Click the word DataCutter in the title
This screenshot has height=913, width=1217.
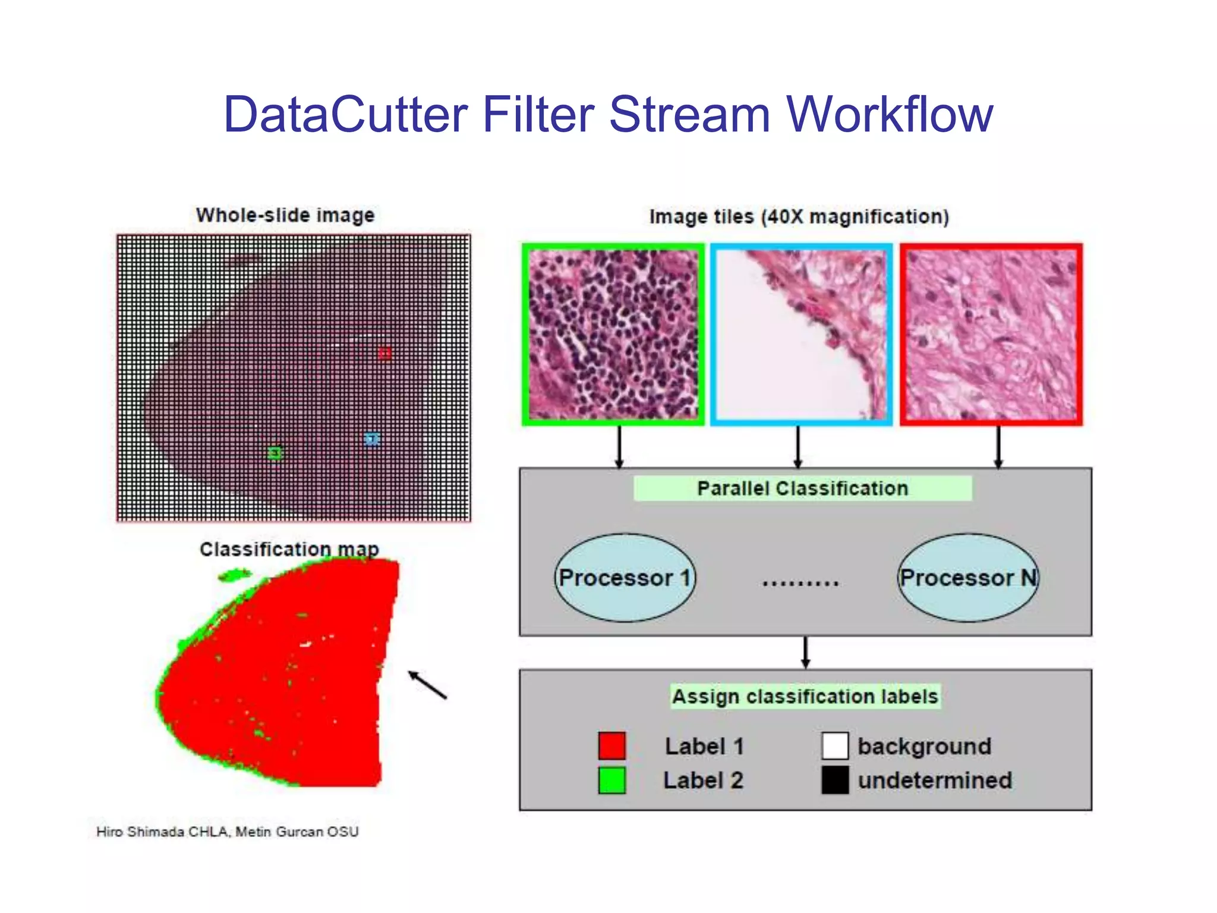pyautogui.click(x=345, y=114)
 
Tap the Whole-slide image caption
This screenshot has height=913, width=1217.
pyautogui.click(x=285, y=215)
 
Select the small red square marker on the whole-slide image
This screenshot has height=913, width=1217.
pyautogui.click(x=385, y=354)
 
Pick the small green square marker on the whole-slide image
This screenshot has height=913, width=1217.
pyautogui.click(x=275, y=454)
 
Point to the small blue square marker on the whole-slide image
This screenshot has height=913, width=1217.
pyautogui.click(x=371, y=439)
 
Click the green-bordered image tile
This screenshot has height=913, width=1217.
pyautogui.click(x=613, y=335)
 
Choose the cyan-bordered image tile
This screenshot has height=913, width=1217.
pyautogui.click(x=801, y=335)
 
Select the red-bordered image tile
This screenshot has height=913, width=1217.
pyautogui.click(x=991, y=335)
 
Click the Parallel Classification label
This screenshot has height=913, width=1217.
pyautogui.click(x=802, y=489)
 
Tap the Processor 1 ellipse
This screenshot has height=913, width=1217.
pyautogui.click(x=625, y=578)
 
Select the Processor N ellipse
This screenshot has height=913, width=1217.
pyautogui.click(x=968, y=578)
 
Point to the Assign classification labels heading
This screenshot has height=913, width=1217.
pyautogui.click(x=805, y=697)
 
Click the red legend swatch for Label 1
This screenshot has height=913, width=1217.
pyautogui.click(x=612, y=746)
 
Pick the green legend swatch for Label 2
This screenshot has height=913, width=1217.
pyautogui.click(x=612, y=780)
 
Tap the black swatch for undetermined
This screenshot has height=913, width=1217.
pyautogui.click(x=835, y=780)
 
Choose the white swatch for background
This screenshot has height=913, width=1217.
pyautogui.click(x=835, y=746)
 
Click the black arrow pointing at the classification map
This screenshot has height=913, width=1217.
pyautogui.click(x=427, y=685)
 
